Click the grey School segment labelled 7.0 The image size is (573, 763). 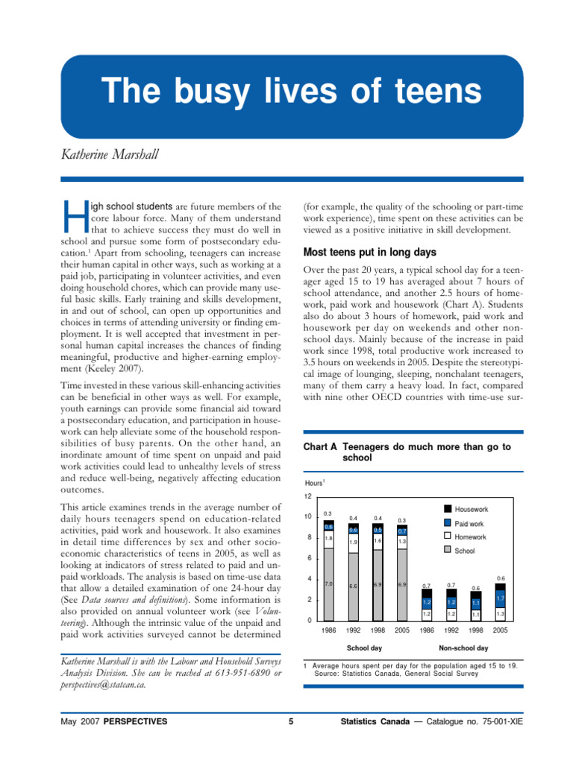click(x=328, y=584)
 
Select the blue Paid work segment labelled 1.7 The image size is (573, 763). click(x=501, y=598)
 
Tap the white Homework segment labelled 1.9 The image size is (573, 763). click(x=354, y=542)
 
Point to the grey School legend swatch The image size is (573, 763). click(x=447, y=551)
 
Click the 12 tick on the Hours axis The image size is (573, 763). click(x=307, y=496)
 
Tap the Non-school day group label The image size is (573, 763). click(x=463, y=648)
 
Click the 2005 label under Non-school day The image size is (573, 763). click(x=501, y=630)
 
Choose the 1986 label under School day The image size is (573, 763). click(x=328, y=630)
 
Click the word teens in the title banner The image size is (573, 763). click(x=434, y=91)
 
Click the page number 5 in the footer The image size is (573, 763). click(x=290, y=722)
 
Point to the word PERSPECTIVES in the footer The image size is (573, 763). click(x=135, y=722)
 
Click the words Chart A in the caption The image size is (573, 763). click(x=320, y=446)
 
